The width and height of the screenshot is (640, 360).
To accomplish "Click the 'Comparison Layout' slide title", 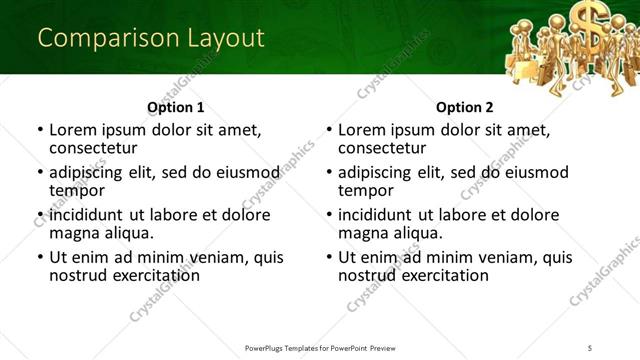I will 151,39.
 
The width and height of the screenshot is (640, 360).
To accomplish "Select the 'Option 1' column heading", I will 176,107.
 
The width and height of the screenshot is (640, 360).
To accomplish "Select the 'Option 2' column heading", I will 465,107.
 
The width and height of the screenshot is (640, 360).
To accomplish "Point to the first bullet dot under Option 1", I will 39,131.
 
